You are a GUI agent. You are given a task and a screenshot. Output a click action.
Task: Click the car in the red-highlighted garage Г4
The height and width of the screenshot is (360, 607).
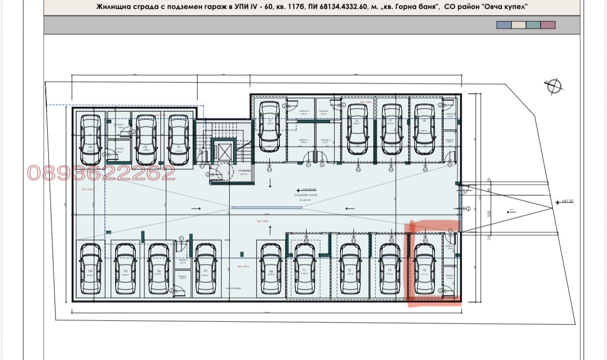pyautogui.click(x=424, y=269)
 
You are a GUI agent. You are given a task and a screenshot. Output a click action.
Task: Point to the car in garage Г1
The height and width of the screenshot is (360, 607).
pyautogui.click(x=304, y=269)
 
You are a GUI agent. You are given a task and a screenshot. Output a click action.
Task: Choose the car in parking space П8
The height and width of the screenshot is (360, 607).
pyautogui.click(x=271, y=269)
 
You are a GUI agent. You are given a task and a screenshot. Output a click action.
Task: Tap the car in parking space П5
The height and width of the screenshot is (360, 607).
pyautogui.click(x=125, y=269)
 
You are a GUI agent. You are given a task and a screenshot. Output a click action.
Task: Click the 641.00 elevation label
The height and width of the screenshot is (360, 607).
pyautogui.click(x=567, y=201)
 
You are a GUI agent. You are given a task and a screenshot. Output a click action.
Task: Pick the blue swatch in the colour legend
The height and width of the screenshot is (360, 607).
pyautogui.click(x=504, y=25)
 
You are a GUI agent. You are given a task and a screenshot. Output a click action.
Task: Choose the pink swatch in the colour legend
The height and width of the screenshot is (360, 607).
pyautogui.click(x=548, y=25)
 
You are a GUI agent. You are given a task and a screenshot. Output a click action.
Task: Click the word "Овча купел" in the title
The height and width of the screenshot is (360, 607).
pyautogui.click(x=508, y=7)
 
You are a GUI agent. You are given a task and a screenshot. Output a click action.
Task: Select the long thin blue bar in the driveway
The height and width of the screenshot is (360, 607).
pyautogui.click(x=267, y=208)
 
